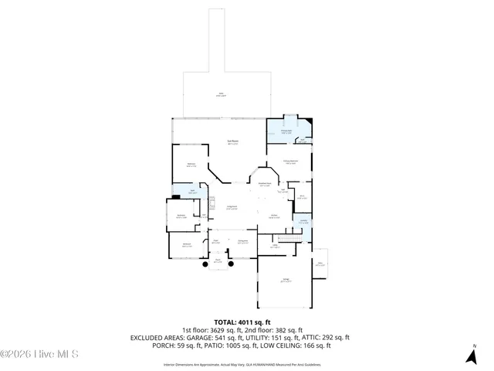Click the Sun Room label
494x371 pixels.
pyautogui.click(x=232, y=141)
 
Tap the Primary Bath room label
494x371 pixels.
pyautogui.click(x=285, y=131)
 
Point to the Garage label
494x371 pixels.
pyautogui.click(x=286, y=281)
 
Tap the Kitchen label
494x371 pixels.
pyautogui.click(x=274, y=216)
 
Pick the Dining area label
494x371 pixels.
pyautogui.click(x=242, y=242)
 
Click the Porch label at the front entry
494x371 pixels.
pyautogui.click(x=218, y=260)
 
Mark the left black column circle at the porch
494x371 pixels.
pyautogui.click(x=205, y=265)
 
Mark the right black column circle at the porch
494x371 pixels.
pyautogui.click(x=230, y=265)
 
